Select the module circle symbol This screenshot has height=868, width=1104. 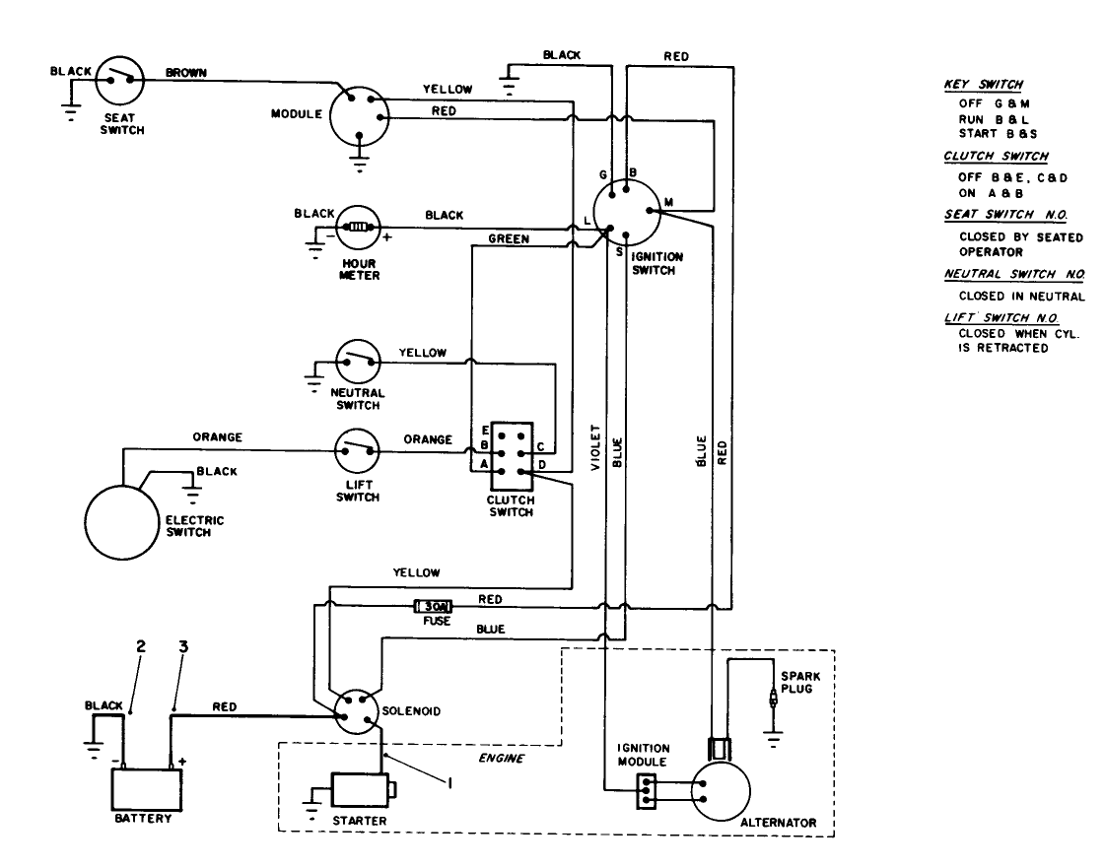pos(357,116)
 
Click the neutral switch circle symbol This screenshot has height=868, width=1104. pos(358,363)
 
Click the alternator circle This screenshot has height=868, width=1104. pos(720,788)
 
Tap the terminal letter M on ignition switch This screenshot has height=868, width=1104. pos(668,203)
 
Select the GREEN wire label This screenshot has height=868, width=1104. pos(510,238)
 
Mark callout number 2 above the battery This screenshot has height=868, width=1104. pos(140,646)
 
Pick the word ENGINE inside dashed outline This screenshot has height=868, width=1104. pos(501,759)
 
